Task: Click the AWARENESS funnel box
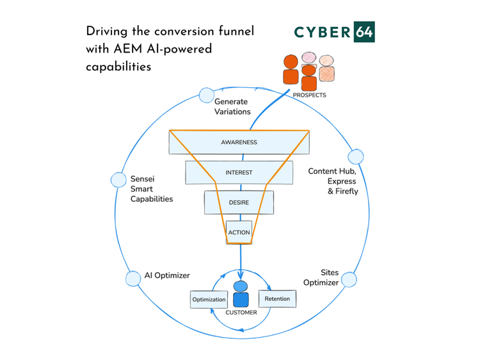[x=239, y=142]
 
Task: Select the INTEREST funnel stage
[x=239, y=172]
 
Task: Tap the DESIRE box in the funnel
[x=239, y=202]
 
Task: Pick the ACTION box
[x=239, y=232]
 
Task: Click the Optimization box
[x=209, y=299]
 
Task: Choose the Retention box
[x=276, y=299]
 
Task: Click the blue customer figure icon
[x=240, y=295]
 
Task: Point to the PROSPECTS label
[x=309, y=95]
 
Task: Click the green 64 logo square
[x=363, y=32]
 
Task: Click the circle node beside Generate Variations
[x=206, y=95]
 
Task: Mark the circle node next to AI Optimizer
[x=133, y=279]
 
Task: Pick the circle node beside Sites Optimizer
[x=349, y=279]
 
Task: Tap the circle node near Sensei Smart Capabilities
[x=118, y=180]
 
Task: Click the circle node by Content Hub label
[x=355, y=157]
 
